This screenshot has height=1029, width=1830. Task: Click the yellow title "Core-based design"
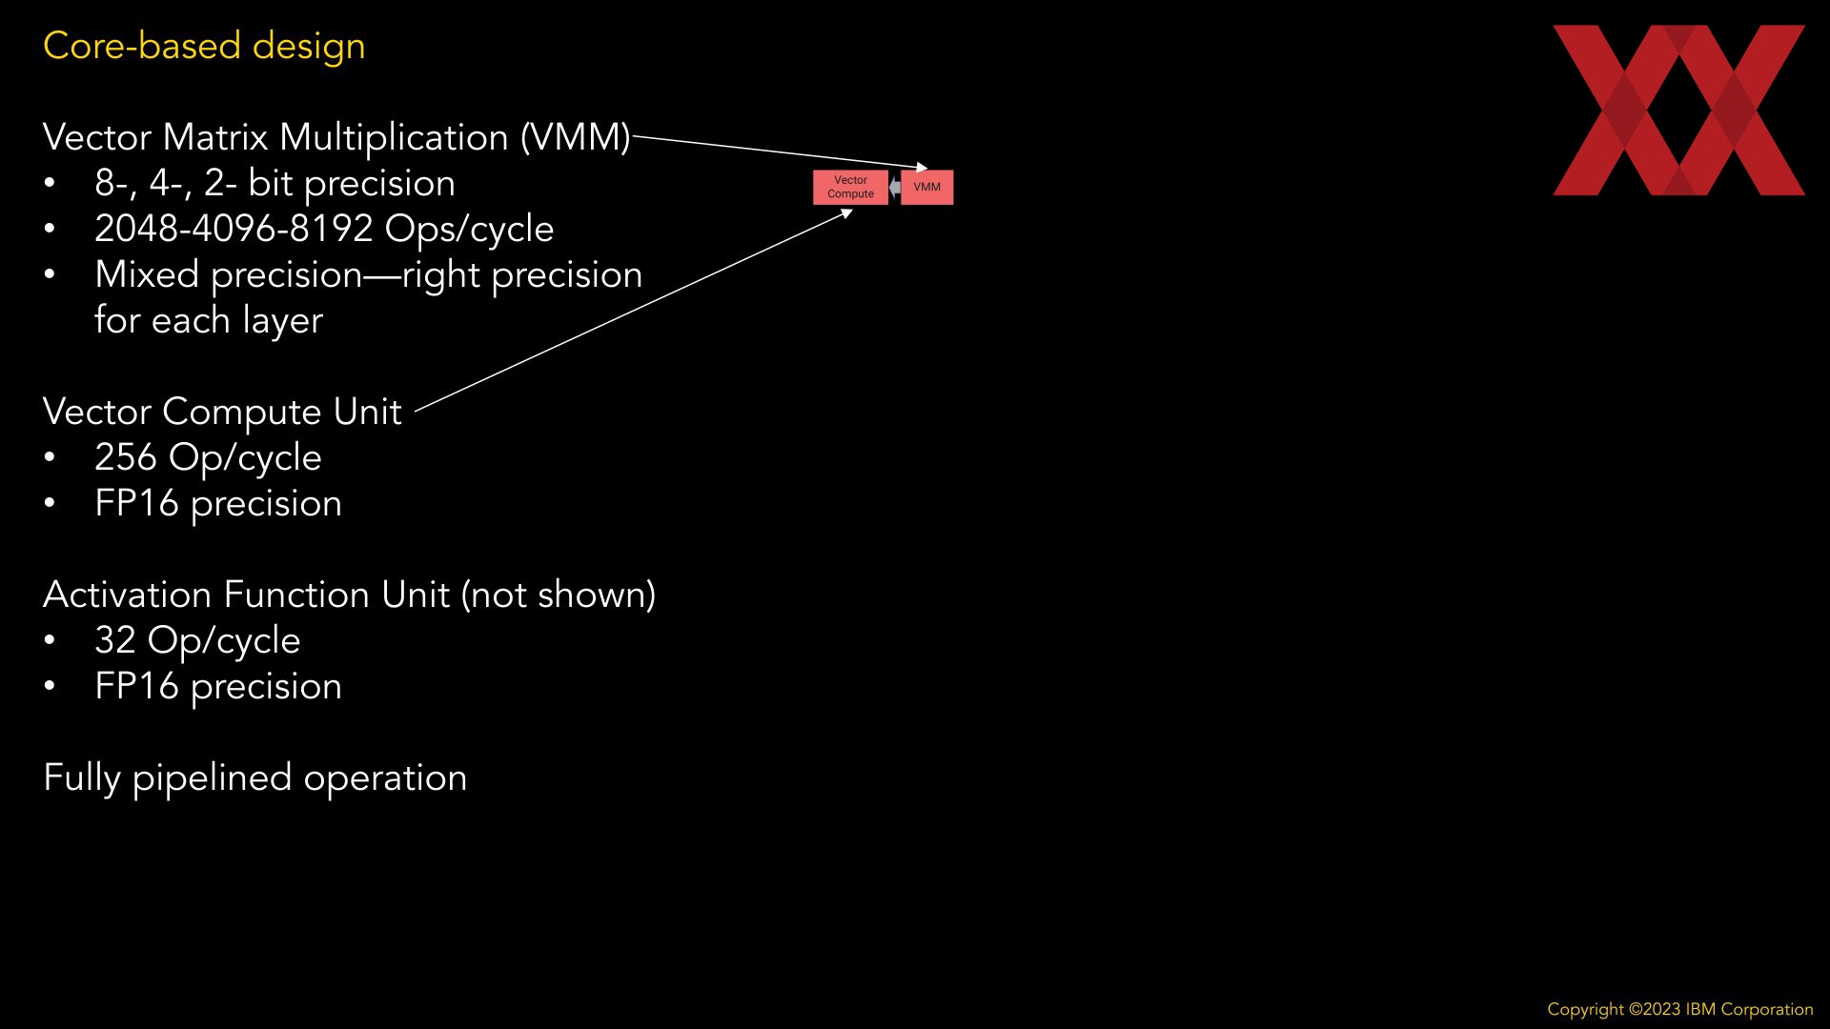click(x=204, y=46)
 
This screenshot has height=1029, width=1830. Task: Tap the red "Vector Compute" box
click(x=850, y=187)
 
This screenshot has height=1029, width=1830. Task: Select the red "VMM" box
click(x=926, y=187)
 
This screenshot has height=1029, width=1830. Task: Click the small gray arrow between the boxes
click(x=894, y=188)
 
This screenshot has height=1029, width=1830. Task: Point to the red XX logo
click(x=1678, y=111)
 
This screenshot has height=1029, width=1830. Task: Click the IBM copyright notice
click(x=1679, y=1009)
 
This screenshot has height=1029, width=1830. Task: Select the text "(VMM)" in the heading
click(x=575, y=137)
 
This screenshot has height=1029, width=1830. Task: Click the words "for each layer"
click(x=209, y=320)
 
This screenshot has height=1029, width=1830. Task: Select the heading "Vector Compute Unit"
click(x=222, y=412)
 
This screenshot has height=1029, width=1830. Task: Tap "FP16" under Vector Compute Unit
click(x=136, y=503)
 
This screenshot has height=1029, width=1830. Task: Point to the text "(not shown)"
click(x=559, y=595)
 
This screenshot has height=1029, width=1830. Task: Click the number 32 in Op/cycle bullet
click(x=115, y=640)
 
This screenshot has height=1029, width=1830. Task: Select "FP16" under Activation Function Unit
click(x=136, y=686)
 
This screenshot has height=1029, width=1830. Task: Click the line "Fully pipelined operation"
click(x=255, y=777)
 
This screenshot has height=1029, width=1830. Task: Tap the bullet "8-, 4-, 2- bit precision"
click(x=274, y=183)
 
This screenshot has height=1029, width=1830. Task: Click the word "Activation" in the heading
click(x=128, y=595)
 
